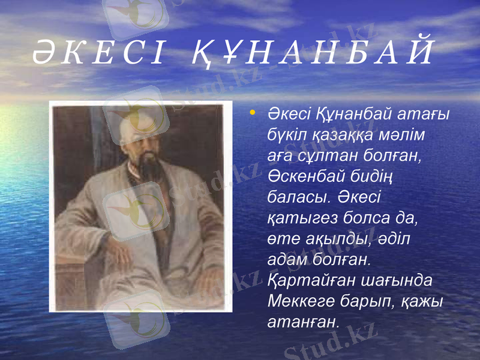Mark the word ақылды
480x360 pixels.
click(x=337, y=239)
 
